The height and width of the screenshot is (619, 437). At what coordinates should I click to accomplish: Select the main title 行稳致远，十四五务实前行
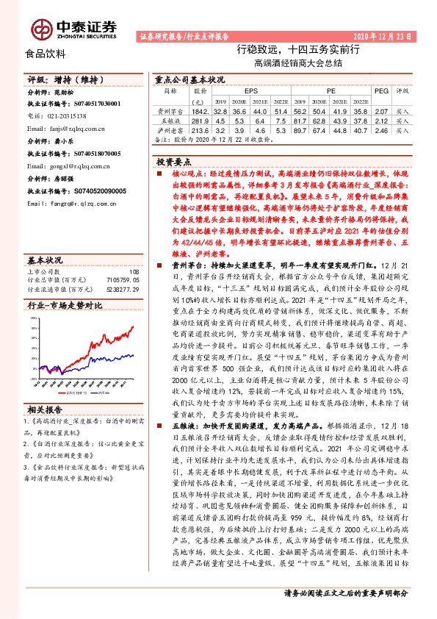297,50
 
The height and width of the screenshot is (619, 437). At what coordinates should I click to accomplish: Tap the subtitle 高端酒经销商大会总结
298,63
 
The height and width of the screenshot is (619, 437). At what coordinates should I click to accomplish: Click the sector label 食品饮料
46,53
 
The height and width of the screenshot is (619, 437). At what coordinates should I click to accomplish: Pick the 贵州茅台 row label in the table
170,110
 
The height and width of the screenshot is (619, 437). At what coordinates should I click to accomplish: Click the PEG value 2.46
380,129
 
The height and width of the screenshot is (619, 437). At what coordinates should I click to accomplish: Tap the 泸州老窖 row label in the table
170,129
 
